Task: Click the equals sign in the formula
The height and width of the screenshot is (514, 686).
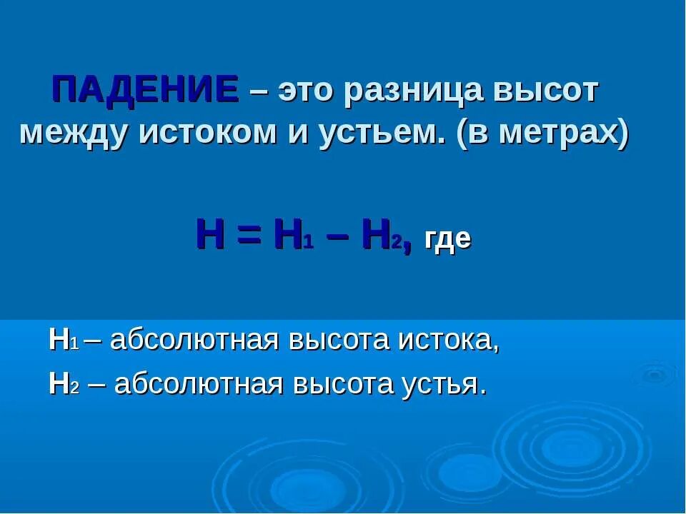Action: (x=248, y=236)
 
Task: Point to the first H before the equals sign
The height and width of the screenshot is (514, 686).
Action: (x=209, y=236)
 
